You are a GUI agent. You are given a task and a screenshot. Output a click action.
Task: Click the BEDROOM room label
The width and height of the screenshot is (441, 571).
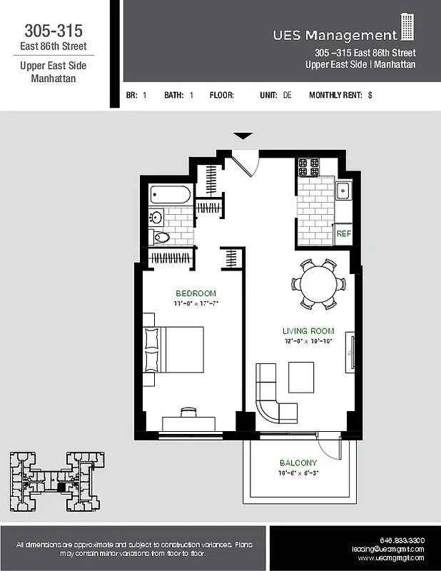(x=196, y=293)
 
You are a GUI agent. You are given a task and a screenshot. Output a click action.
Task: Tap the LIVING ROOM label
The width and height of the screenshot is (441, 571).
(x=308, y=331)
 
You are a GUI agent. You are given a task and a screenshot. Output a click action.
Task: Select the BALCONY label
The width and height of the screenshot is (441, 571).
(x=298, y=462)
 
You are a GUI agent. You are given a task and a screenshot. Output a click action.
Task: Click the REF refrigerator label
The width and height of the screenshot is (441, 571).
(x=343, y=233)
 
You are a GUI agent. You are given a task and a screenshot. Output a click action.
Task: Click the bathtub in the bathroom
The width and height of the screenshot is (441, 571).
(x=171, y=195)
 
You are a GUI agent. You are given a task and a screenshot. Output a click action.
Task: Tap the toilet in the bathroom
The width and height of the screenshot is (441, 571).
(x=161, y=238)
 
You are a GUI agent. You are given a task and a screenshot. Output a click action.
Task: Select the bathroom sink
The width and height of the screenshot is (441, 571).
(x=156, y=217)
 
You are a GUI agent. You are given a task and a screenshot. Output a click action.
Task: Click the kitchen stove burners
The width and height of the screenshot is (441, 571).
(x=308, y=167)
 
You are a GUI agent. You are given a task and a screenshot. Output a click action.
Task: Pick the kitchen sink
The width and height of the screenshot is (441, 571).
(x=343, y=191)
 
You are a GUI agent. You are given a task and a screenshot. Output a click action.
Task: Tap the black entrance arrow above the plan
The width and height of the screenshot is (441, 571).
(x=243, y=136)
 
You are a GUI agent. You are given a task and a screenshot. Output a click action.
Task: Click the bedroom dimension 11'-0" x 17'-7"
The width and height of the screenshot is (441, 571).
(x=196, y=303)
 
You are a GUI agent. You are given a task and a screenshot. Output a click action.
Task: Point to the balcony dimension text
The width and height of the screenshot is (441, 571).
(x=298, y=473)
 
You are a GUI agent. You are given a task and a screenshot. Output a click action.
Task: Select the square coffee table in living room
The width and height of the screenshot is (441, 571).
(x=300, y=377)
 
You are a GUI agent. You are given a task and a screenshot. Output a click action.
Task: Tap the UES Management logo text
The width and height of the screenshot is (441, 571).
(x=335, y=35)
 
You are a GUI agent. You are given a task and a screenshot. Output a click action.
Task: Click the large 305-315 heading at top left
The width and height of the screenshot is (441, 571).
(x=53, y=31)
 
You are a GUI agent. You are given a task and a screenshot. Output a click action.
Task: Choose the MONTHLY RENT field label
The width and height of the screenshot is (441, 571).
(x=335, y=95)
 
